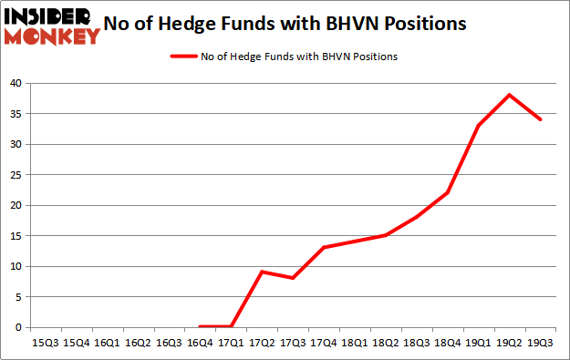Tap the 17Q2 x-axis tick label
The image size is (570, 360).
point(262,343)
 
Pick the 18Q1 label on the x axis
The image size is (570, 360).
point(355,343)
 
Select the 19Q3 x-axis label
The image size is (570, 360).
point(541,343)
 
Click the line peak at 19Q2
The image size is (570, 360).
point(510,95)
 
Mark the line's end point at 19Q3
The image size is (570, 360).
point(541,119)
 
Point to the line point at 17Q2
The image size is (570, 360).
point(262,272)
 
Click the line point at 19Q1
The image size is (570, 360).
point(479,126)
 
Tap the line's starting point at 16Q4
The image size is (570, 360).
point(201,326)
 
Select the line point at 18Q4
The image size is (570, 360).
point(448,192)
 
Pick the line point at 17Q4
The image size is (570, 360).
point(324,247)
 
